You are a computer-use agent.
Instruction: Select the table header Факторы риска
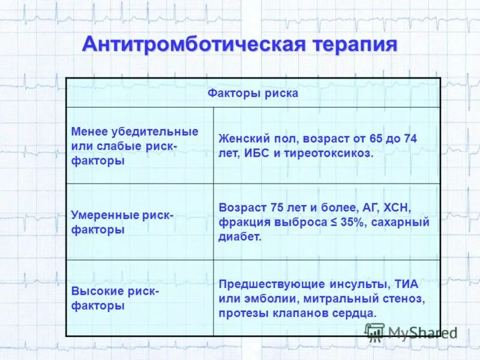[x=253, y=94]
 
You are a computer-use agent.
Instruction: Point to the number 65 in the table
[x=376, y=139]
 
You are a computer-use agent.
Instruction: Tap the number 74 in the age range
[x=410, y=139]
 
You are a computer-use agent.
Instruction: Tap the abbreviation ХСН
[x=396, y=208]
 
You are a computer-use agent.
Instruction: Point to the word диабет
[x=240, y=237]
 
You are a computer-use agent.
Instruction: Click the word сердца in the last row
[x=356, y=313]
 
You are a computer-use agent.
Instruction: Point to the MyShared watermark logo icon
[x=375, y=332]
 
